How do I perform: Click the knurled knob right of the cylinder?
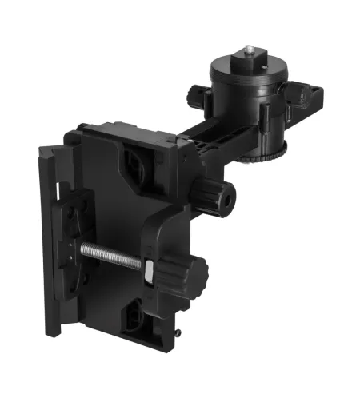click(x=297, y=96)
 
